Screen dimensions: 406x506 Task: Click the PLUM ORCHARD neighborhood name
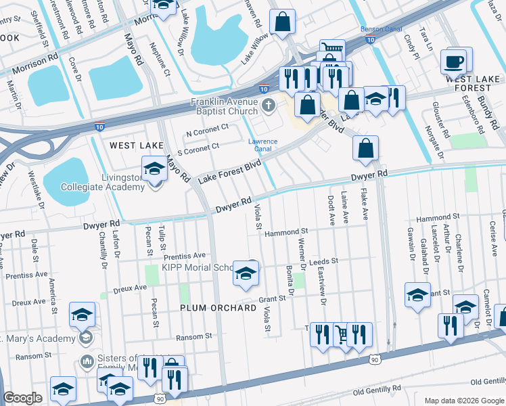tap(218, 308)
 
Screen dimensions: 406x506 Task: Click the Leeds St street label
tap(323, 261)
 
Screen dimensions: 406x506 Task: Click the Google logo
tap(23, 398)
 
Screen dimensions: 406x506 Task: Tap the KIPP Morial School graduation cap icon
tap(246, 274)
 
